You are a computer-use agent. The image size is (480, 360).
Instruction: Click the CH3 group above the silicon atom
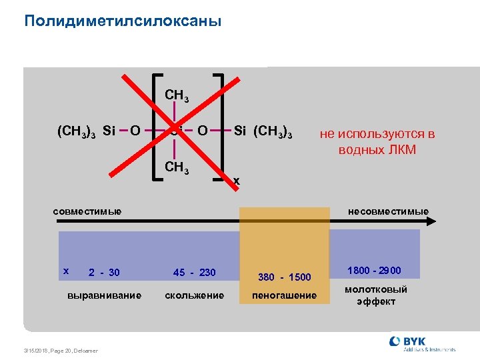[177, 95]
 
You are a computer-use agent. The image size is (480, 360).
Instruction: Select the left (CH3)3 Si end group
[87, 130]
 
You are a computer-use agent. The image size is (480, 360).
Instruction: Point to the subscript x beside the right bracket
[236, 181]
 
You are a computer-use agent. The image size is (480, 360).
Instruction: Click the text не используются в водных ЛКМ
[377, 141]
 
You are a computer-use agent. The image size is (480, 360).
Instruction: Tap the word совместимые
[87, 211]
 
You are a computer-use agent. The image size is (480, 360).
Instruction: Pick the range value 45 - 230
[195, 272]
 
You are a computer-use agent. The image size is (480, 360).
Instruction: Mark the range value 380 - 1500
[285, 277]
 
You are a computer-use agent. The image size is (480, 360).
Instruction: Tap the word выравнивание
[105, 295]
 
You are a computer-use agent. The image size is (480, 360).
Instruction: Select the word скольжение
[195, 295]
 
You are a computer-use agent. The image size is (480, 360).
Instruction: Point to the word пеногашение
[285, 295]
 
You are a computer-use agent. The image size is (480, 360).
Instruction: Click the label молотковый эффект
[376, 295]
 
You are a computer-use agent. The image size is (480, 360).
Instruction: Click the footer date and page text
[60, 351]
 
